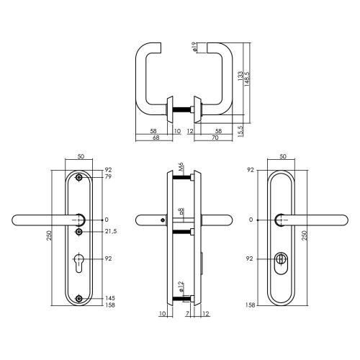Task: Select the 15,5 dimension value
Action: pyautogui.click(x=240, y=130)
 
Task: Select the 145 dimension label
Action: pyautogui.click(x=109, y=298)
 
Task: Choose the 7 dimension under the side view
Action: pyautogui.click(x=187, y=315)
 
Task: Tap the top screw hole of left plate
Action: pyautogui.click(x=79, y=176)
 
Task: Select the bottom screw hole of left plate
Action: pyautogui.click(x=79, y=298)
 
